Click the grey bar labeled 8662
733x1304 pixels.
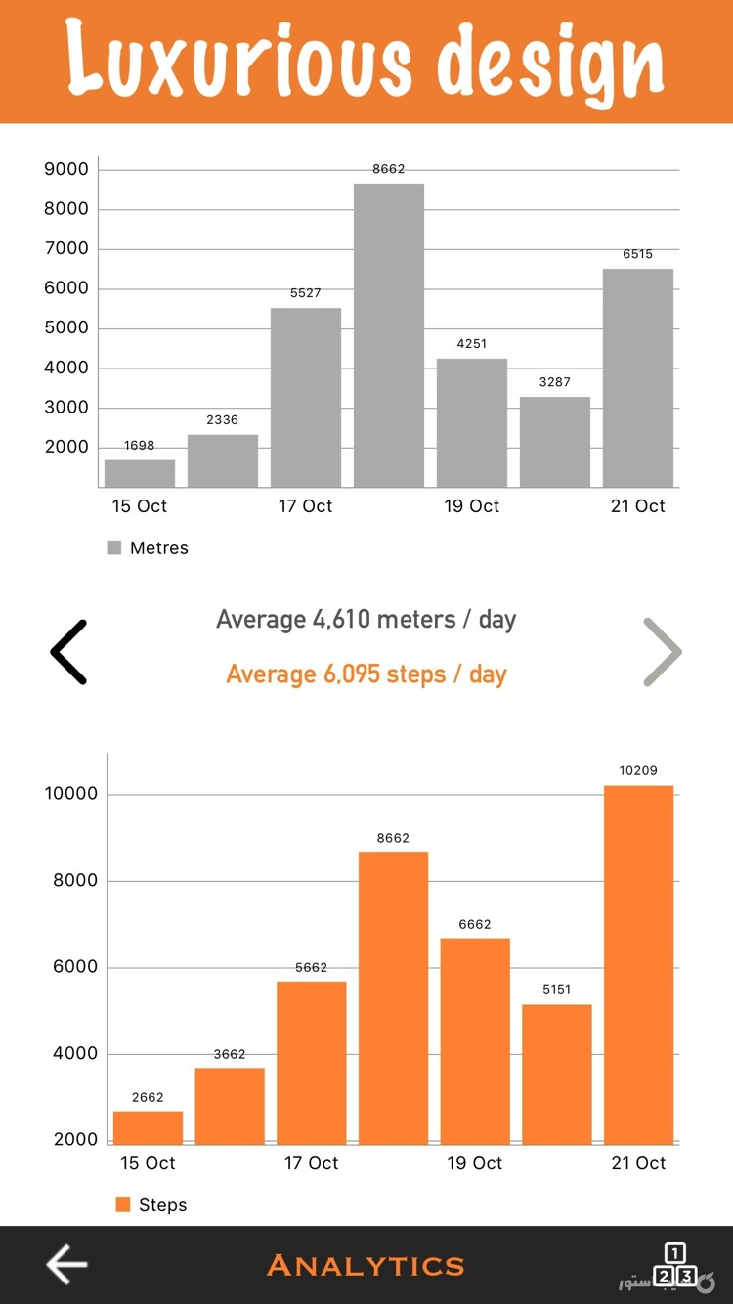point(389,335)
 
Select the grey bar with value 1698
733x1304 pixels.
point(140,473)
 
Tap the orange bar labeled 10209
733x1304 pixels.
point(638,964)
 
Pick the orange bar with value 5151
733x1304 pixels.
point(557,1073)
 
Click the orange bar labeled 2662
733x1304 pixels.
point(148,1127)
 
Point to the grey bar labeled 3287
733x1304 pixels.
point(555,442)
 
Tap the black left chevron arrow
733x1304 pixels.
point(69,652)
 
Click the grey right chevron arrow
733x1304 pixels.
point(662,652)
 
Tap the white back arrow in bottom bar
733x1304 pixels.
point(66,1265)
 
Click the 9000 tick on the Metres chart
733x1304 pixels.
point(66,169)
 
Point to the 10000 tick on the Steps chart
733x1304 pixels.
point(71,794)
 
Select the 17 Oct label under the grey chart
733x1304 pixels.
point(306,506)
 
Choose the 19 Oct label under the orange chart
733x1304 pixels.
point(475,1163)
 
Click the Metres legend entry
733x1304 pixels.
point(149,548)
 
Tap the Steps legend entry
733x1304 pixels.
point(152,1205)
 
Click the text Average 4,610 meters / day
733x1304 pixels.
point(366,620)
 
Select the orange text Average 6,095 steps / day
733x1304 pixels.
point(366,674)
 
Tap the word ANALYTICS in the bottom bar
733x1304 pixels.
point(366,1265)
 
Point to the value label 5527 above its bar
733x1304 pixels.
point(306,293)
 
